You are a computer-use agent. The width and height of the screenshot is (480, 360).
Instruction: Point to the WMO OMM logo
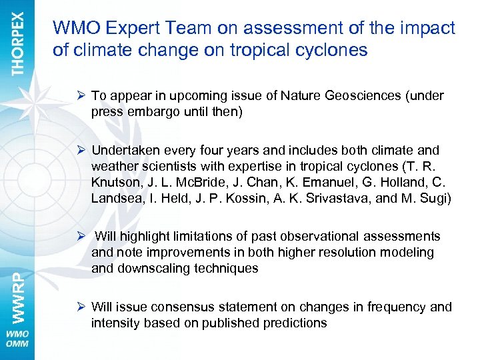pyautogui.click(x=17, y=339)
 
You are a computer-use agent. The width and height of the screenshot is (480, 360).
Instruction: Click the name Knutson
pyautogui.click(x=115, y=181)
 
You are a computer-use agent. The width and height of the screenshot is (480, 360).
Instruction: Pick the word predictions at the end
pyautogui.click(x=295, y=323)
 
